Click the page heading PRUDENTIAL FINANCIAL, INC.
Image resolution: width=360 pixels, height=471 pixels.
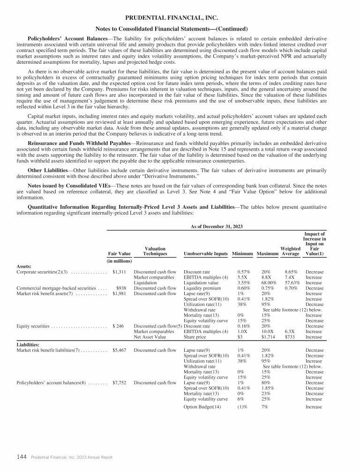(180, 18)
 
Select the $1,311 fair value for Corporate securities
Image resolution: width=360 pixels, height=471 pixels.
(123, 272)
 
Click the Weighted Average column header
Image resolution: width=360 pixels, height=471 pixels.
(290, 251)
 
